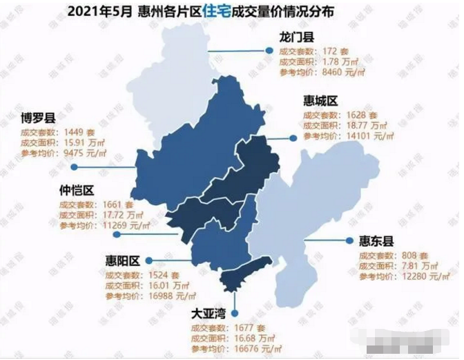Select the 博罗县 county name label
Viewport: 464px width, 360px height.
pos(40,118)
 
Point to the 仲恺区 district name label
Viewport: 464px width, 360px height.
pos(77,190)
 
